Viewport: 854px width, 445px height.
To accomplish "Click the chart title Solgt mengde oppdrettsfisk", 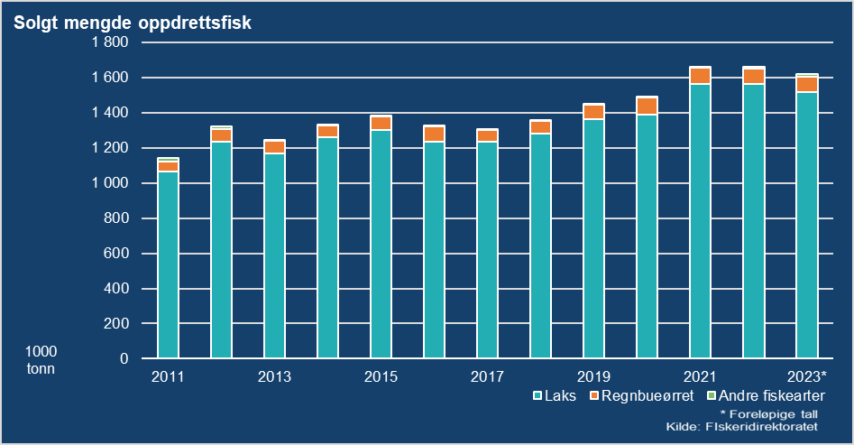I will pos(132,22).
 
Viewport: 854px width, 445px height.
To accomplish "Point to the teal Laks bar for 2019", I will pos(593,239).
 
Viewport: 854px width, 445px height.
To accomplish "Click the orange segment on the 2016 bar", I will pos(434,134).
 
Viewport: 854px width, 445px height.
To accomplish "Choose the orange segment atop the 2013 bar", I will pos(274,146).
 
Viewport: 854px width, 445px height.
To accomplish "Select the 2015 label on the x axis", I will pos(381,376).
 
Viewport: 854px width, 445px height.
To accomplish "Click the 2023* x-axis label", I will pos(806,376).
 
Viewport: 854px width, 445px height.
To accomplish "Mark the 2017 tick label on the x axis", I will pos(487,376).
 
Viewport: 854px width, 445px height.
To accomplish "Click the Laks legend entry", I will pos(556,395).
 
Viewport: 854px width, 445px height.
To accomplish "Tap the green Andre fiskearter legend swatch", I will pos(711,395).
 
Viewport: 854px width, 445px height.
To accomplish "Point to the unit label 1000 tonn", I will pos(41,359).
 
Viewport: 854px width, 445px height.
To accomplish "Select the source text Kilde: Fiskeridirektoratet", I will pos(742,426).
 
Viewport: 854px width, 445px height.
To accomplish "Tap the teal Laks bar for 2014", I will pos(327,247).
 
